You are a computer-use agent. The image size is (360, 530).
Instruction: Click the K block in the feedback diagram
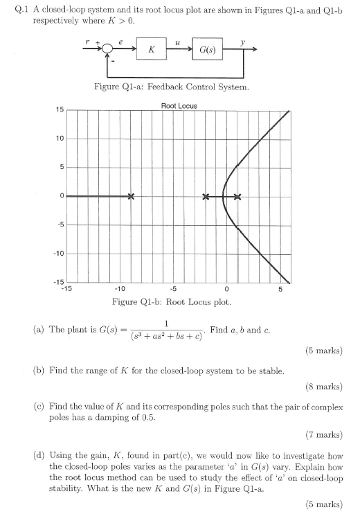click(x=150, y=50)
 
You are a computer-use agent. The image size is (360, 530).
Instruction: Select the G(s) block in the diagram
click(x=206, y=50)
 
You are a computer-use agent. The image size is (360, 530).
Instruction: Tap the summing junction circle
click(x=106, y=50)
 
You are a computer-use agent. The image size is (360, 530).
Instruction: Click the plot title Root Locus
click(x=179, y=105)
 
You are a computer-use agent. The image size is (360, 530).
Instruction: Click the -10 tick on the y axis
click(x=60, y=254)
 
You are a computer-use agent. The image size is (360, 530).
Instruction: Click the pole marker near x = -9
click(x=131, y=197)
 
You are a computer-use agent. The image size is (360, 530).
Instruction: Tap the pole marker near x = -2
click(x=206, y=197)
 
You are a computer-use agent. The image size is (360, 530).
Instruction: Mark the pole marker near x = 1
click(x=237, y=197)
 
